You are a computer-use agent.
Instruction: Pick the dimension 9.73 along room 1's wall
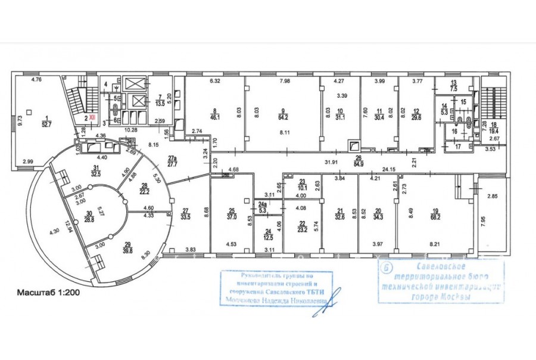[20, 123]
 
